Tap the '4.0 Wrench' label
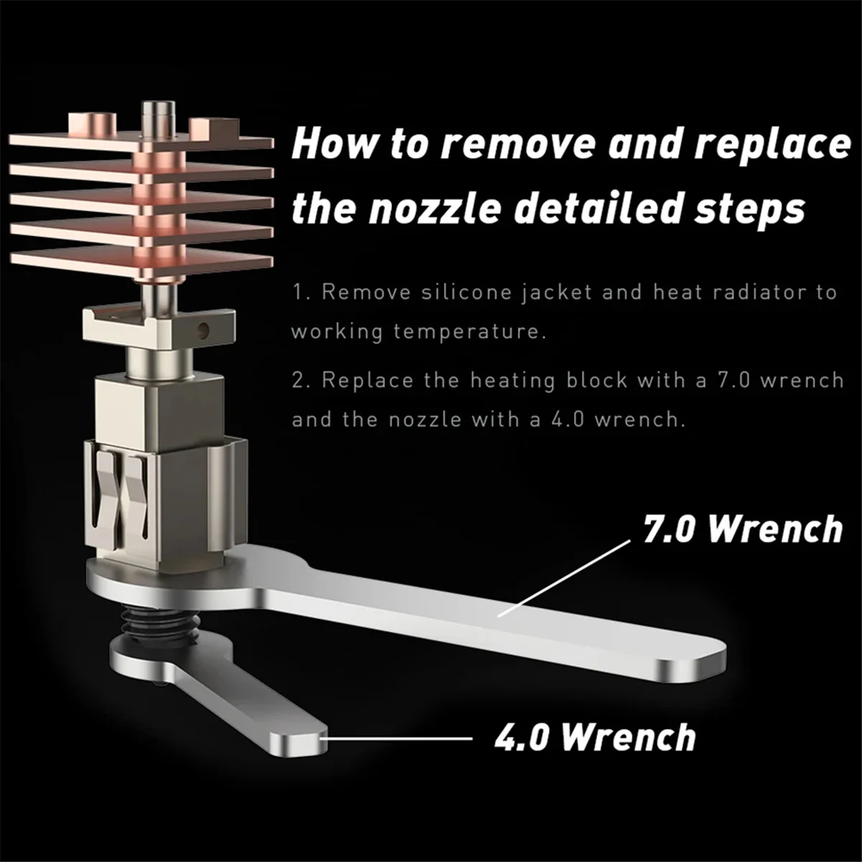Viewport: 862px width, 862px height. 595,738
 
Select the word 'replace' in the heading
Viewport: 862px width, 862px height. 772,144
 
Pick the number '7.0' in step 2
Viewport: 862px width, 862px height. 733,379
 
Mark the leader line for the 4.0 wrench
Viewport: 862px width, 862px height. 399,737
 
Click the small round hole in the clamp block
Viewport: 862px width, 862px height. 204,330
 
